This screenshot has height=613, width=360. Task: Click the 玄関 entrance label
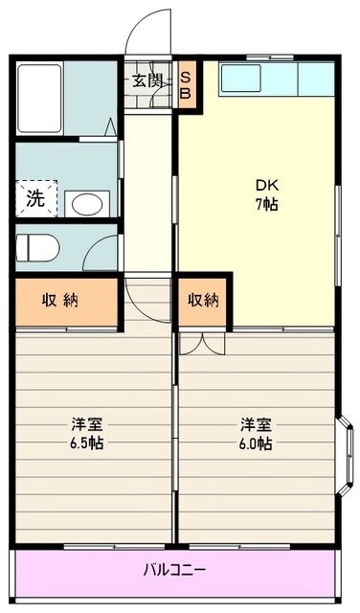(147, 80)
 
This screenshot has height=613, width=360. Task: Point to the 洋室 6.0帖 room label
(255, 434)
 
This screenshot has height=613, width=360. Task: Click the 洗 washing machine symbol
(35, 200)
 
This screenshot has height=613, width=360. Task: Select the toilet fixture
(38, 247)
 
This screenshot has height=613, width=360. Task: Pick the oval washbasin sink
(89, 203)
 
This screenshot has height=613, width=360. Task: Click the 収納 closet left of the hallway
(65, 301)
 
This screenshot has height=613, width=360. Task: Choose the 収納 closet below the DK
(203, 301)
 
